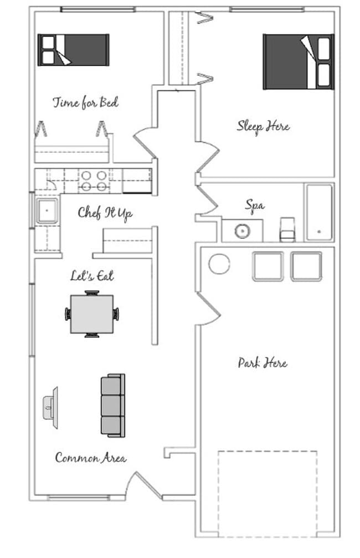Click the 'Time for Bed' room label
click(85, 103)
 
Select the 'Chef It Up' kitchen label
click(105, 213)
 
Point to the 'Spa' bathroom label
click(255, 206)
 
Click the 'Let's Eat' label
click(92, 276)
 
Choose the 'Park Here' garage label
click(263, 362)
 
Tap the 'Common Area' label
click(91, 457)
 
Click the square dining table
click(92, 314)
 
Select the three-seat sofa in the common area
click(113, 406)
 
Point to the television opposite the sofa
click(51, 408)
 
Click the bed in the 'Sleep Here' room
click(299, 62)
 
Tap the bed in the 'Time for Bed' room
click(73, 50)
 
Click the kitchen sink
click(47, 211)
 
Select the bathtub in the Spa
click(319, 212)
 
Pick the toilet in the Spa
click(287, 229)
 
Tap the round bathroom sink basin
click(242, 231)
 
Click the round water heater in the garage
click(219, 264)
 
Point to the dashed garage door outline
click(267, 451)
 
